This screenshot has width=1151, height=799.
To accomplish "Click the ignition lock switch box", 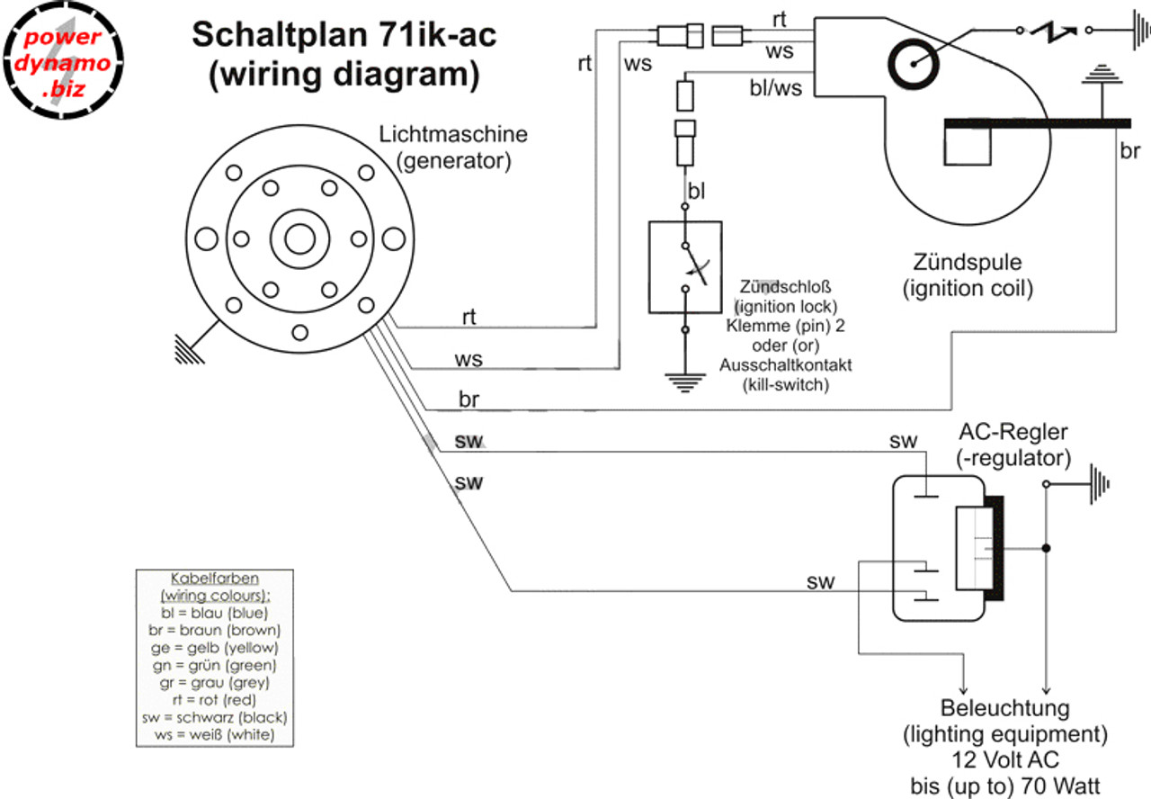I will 685,266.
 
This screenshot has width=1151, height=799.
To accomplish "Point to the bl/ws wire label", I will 776,87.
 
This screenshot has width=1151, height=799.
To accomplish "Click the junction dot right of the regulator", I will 1046,548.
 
